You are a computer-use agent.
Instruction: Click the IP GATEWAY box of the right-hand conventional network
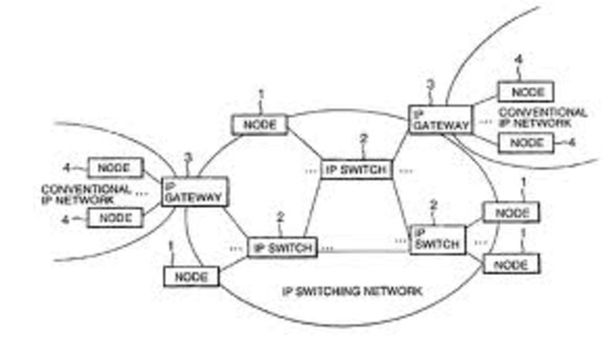[440, 118]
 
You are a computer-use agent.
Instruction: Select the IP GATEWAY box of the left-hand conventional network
[194, 191]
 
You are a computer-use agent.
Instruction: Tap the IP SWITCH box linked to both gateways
[356, 169]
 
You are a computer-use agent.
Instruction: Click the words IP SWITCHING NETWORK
[351, 288]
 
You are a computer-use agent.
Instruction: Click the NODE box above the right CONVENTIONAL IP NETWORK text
[526, 93]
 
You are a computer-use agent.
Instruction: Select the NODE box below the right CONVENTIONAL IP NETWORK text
[526, 143]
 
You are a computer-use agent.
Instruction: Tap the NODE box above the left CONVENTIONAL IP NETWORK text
[115, 168]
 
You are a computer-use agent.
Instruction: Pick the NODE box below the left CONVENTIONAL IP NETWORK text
[115, 217]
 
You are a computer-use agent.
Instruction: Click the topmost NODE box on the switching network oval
[260, 124]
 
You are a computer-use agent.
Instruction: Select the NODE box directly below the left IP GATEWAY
[192, 276]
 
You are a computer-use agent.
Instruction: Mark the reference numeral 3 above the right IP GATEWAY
[431, 85]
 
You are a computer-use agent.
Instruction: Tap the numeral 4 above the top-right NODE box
[518, 60]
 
